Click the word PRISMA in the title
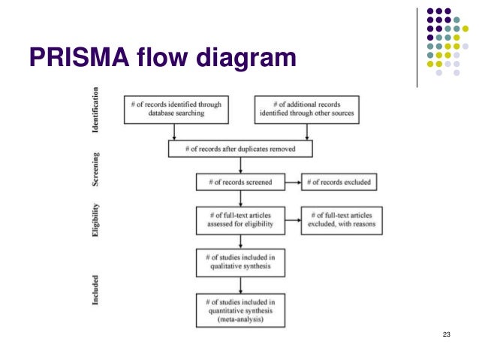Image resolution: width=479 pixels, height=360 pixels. coord(74,58)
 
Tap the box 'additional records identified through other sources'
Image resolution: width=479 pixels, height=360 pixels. coord(305,110)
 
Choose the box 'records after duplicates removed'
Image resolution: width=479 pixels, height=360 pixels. coord(240,150)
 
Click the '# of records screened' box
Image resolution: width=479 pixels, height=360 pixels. coord(239,182)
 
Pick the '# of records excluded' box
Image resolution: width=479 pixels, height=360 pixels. coord(337,182)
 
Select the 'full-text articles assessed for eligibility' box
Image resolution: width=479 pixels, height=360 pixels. coord(239,219)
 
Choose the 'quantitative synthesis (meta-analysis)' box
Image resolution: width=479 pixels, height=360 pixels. coord(239,310)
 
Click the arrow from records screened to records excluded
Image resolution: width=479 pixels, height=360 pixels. coord(292,182)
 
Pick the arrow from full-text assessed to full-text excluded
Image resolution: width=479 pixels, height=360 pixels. coord(292,219)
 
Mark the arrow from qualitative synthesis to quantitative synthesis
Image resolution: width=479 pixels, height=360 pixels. coord(239,284)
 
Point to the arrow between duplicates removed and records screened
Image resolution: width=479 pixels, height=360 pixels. coord(239,165)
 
